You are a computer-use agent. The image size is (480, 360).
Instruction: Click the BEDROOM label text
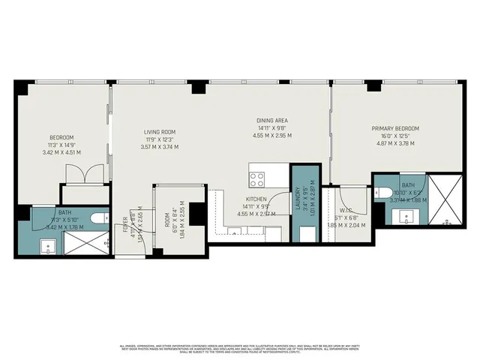tap(61, 137)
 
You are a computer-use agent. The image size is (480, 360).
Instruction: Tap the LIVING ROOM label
tap(159, 132)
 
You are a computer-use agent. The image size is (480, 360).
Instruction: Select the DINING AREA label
tap(272, 121)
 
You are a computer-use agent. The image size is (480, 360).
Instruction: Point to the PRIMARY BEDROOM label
tap(395, 128)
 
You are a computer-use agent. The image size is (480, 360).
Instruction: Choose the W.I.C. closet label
tap(346, 211)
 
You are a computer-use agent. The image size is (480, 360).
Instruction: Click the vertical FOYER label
tap(124, 225)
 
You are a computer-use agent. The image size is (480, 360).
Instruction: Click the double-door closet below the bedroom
tap(80, 175)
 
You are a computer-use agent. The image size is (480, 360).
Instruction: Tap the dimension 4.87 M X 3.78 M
tap(395, 143)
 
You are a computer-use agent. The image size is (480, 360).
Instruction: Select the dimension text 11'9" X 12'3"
tap(159, 139)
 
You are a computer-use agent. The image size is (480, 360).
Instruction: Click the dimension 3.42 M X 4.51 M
tap(61, 152)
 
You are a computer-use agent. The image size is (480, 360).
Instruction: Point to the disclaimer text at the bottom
tap(240, 349)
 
